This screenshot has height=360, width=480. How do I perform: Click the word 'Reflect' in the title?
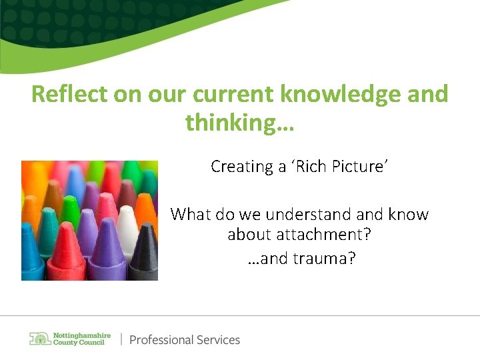(69, 95)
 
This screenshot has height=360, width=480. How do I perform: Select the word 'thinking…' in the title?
(239, 123)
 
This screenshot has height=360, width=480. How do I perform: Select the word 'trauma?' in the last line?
(323, 258)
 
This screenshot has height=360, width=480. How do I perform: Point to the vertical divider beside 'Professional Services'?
(121, 339)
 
